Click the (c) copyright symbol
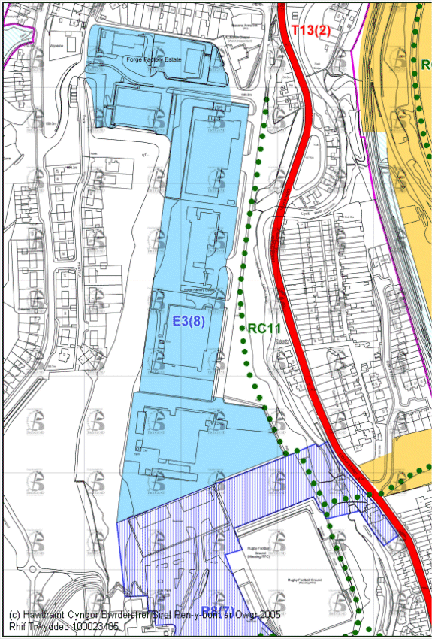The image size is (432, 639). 14,614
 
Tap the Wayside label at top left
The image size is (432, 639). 57,45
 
